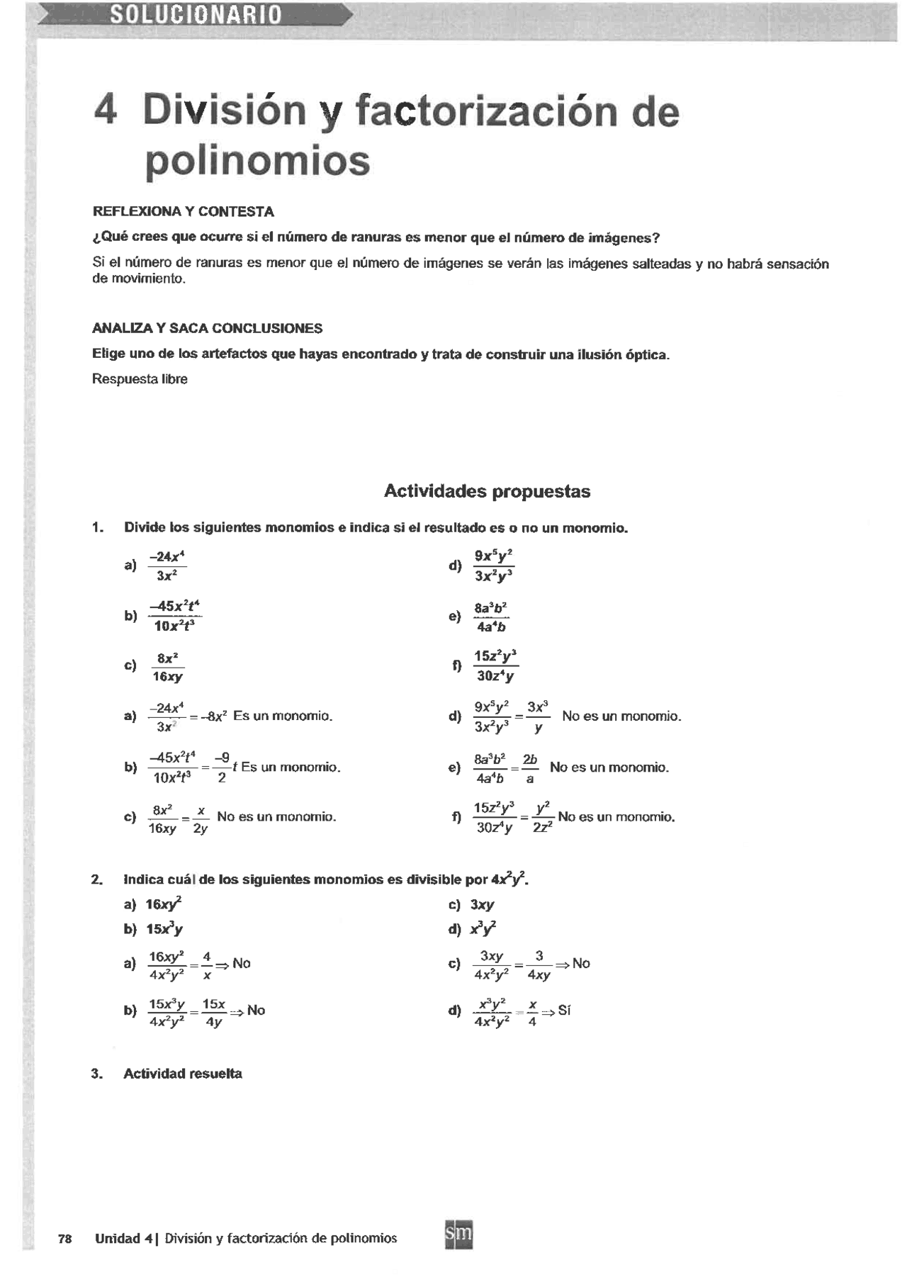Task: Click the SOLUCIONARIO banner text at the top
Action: (196, 14)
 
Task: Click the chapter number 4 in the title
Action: (106, 110)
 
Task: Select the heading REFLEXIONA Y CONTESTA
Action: (183, 211)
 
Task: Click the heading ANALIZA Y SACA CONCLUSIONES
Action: (207, 328)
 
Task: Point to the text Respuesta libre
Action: (140, 379)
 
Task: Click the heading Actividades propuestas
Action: (487, 491)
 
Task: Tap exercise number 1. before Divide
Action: (98, 527)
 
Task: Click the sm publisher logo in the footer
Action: (458, 1235)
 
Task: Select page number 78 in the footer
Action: (65, 1239)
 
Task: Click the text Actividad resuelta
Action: (183, 1074)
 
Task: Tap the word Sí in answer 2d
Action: (564, 1011)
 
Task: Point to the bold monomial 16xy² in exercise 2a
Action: (164, 904)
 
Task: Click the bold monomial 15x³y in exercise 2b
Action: (164, 929)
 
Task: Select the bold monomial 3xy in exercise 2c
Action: (483, 905)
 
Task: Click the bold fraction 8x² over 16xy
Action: (168, 668)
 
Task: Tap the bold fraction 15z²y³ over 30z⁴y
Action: (495, 666)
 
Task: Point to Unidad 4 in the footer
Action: (124, 1239)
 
